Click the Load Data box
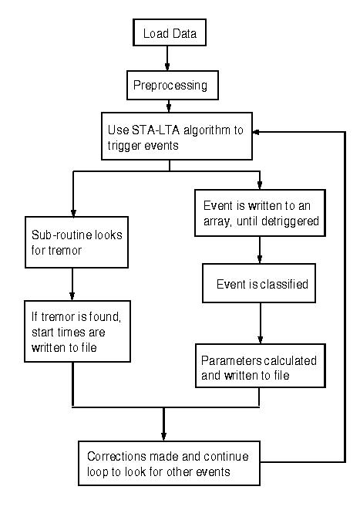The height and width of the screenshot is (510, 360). (170, 32)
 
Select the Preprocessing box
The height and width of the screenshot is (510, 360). (173, 85)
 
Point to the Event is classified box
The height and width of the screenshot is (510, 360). (259, 283)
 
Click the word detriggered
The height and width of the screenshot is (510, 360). (290, 221)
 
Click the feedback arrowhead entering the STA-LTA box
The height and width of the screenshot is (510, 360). (256, 132)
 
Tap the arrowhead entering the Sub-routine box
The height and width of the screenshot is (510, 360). (73, 213)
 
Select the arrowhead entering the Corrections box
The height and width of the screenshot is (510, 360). (163, 437)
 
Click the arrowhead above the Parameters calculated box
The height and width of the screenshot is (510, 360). (261, 339)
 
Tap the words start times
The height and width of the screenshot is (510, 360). (59, 332)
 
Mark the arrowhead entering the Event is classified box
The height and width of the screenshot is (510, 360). (260, 259)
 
